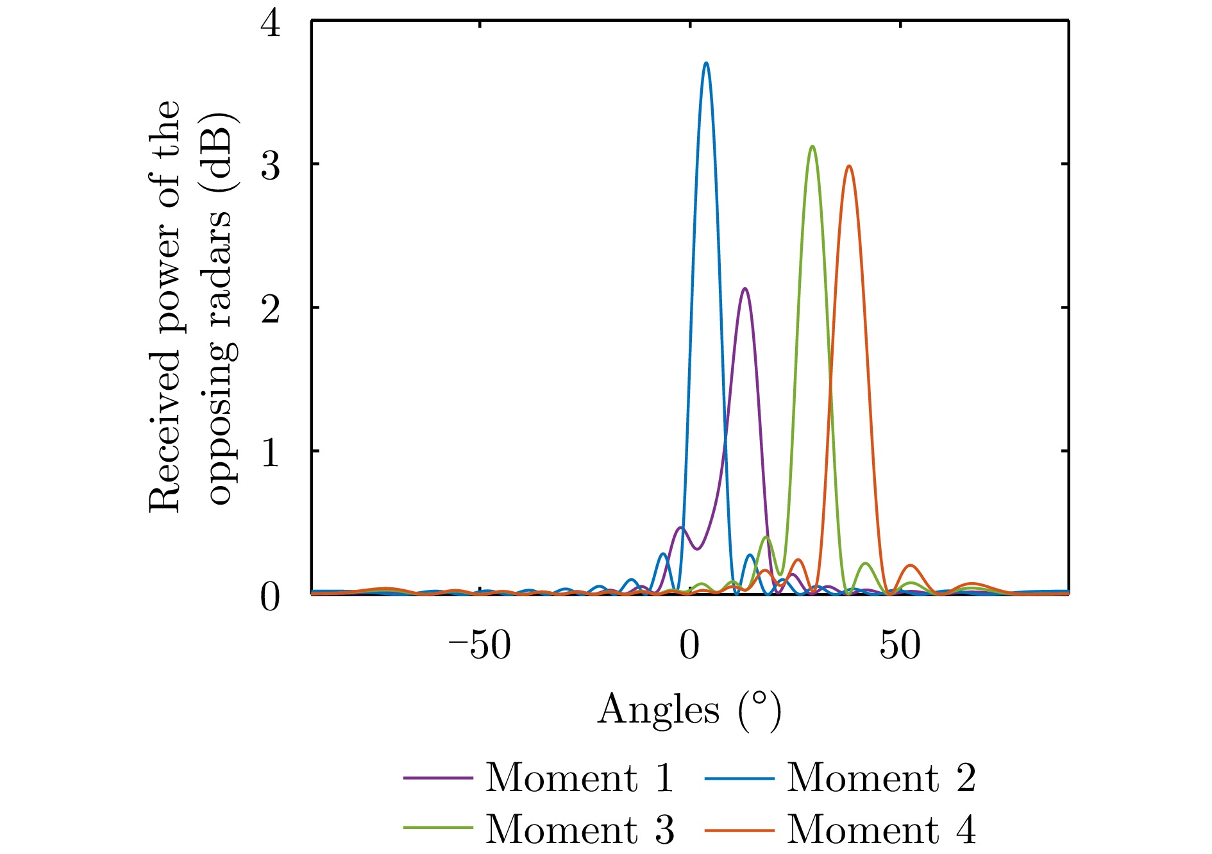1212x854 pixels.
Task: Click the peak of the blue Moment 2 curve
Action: (x=706, y=63)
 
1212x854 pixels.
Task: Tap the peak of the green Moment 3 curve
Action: (x=812, y=146)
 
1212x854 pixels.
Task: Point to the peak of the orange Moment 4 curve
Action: (x=849, y=166)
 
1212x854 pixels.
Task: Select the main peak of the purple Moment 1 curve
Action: (x=745, y=289)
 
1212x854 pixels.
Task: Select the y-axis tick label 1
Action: (x=270, y=453)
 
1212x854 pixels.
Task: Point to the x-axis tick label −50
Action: (x=480, y=645)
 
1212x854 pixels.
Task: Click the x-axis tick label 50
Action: (x=900, y=645)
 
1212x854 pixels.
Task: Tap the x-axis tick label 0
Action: (x=689, y=645)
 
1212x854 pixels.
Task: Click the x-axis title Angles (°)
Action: (x=689, y=710)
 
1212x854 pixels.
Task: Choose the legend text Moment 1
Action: (x=580, y=778)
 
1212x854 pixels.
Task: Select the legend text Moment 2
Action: (x=881, y=778)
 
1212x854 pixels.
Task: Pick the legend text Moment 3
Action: (x=580, y=829)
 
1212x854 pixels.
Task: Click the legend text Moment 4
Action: (x=881, y=829)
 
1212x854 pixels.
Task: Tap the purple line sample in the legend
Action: (x=438, y=778)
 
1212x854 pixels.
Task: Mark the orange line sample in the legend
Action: (x=739, y=830)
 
